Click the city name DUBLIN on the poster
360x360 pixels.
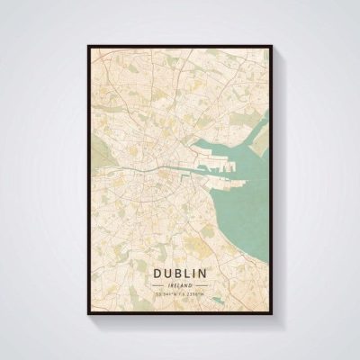(x=179, y=272)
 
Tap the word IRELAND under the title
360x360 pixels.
(x=179, y=284)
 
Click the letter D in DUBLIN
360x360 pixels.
(x=157, y=272)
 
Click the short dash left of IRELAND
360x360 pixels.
(x=159, y=284)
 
